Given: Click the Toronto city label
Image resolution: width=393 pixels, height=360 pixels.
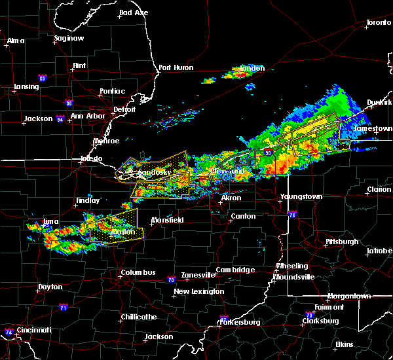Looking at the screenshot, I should pyautogui.click(x=378, y=22).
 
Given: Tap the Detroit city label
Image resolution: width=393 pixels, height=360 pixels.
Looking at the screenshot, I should pyautogui.click(x=124, y=109).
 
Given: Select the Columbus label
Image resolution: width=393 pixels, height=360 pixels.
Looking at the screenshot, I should pyautogui.click(x=138, y=272).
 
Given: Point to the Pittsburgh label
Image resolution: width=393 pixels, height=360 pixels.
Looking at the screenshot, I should pyautogui.click(x=343, y=242).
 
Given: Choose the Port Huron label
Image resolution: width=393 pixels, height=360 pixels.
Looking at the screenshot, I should pyautogui.click(x=174, y=67).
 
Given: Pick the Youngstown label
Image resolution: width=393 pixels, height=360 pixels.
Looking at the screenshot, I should pyautogui.click(x=301, y=196).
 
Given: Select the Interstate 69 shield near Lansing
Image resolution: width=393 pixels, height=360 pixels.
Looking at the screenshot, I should pyautogui.click(x=42, y=79).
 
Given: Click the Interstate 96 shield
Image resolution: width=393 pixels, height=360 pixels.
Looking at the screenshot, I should pyautogui.click(x=69, y=103).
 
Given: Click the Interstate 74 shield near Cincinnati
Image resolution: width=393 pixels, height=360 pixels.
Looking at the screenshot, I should pyautogui.click(x=8, y=332).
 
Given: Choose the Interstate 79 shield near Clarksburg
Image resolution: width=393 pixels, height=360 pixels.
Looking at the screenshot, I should pyautogui.click(x=309, y=315).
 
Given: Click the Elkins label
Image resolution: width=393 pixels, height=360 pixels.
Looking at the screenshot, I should pyautogui.click(x=344, y=344).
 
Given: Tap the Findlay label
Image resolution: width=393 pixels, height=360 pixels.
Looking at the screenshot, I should pyautogui.click(x=88, y=200).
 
